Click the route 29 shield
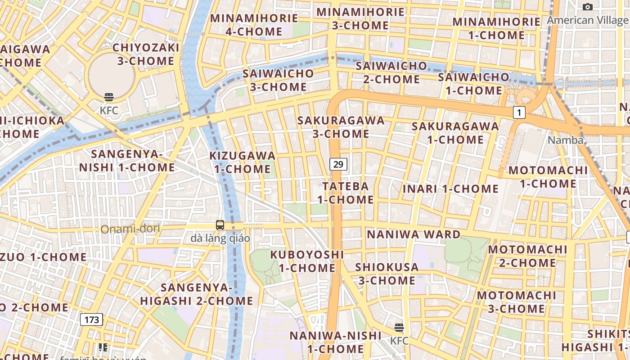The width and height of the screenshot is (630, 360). pos(338,164)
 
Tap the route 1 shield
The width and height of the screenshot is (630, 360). pos(519,112)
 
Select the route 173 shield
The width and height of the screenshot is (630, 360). pos(91,319)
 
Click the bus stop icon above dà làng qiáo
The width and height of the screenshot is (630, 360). pos(220,225)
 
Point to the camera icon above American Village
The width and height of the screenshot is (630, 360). pos(587,7)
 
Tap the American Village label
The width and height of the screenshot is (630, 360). pos(587,20)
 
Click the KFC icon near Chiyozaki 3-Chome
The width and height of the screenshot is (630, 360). pos(108,97)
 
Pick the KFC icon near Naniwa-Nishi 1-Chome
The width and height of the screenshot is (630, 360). pos(399,327)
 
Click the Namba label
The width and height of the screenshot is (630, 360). pos(565,140)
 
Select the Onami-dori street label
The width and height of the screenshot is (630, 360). pos(130,229)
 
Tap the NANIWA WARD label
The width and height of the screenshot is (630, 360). pos(414,234)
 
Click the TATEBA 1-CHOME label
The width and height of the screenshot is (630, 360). pos(346,193)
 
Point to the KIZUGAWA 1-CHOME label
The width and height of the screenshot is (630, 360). pos(242,162)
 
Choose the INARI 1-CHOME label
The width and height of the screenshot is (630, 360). pos(450,189)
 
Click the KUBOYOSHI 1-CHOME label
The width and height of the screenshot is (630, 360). pos(307,261)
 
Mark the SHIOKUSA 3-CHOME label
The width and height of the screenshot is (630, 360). pos(387,274)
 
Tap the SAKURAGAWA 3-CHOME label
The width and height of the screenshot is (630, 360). pos(341,127)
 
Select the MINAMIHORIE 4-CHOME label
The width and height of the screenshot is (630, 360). pos(254,25)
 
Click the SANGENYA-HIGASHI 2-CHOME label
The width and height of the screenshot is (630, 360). pos(197,294)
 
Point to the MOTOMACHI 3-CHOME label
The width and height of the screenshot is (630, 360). pos(516,302)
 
